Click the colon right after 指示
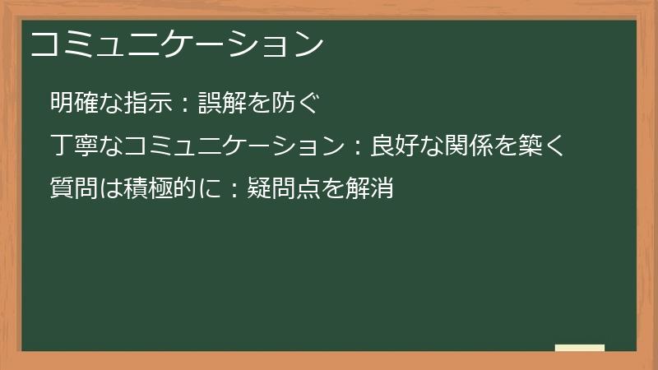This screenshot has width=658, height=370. (186, 104)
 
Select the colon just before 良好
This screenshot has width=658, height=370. (358, 148)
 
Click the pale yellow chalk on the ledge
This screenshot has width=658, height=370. (579, 348)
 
